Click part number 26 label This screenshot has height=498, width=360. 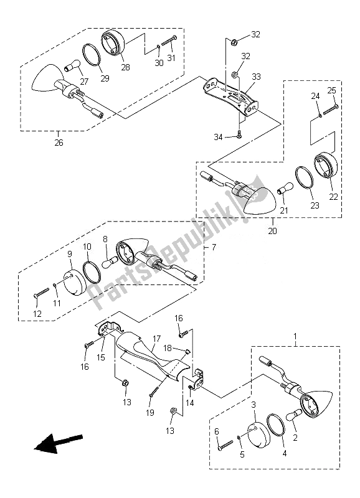click(x=59, y=143)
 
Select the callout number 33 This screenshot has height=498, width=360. click(x=256, y=77)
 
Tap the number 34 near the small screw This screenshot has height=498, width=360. click(x=218, y=137)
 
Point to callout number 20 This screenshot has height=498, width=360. click(x=272, y=231)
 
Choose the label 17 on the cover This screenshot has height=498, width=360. click(x=157, y=339)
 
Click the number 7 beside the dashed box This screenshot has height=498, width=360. click(x=214, y=247)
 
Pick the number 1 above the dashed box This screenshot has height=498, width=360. click(x=295, y=336)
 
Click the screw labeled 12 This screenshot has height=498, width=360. click(x=41, y=293)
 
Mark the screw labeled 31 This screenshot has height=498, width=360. click(x=169, y=40)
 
